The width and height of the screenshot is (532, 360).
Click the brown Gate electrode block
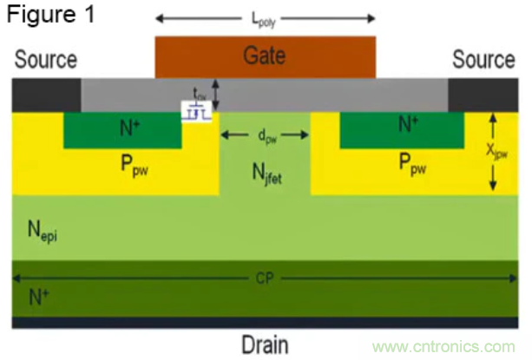click(x=265, y=56)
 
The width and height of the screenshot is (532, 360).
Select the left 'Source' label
click(x=45, y=60)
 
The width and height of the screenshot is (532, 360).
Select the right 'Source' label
click(x=483, y=60)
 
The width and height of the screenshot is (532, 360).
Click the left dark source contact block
click(x=46, y=95)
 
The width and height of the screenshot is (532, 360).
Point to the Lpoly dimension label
click(x=264, y=16)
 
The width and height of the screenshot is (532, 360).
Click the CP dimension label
click(x=264, y=279)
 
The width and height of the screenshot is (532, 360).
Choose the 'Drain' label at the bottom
click(x=265, y=342)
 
